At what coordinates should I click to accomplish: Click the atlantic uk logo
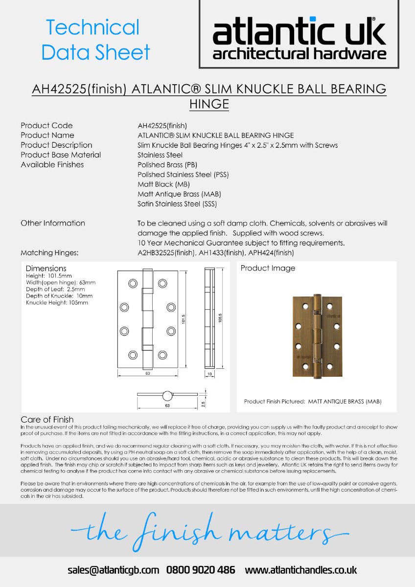299,37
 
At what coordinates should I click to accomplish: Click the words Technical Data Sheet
95,40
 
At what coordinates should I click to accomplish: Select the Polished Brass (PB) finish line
167,165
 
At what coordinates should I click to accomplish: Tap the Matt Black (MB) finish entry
163,184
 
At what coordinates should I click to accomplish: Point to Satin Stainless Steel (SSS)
177,204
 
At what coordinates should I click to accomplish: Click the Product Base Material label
61,155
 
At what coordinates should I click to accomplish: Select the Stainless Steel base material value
160,155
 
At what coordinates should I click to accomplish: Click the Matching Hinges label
50,253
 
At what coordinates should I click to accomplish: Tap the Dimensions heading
46,269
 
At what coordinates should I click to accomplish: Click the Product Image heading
268,268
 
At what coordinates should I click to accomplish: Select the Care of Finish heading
47,420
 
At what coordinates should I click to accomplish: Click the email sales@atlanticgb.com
114,570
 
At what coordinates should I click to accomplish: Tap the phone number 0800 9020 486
201,570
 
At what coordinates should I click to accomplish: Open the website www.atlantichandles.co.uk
300,570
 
